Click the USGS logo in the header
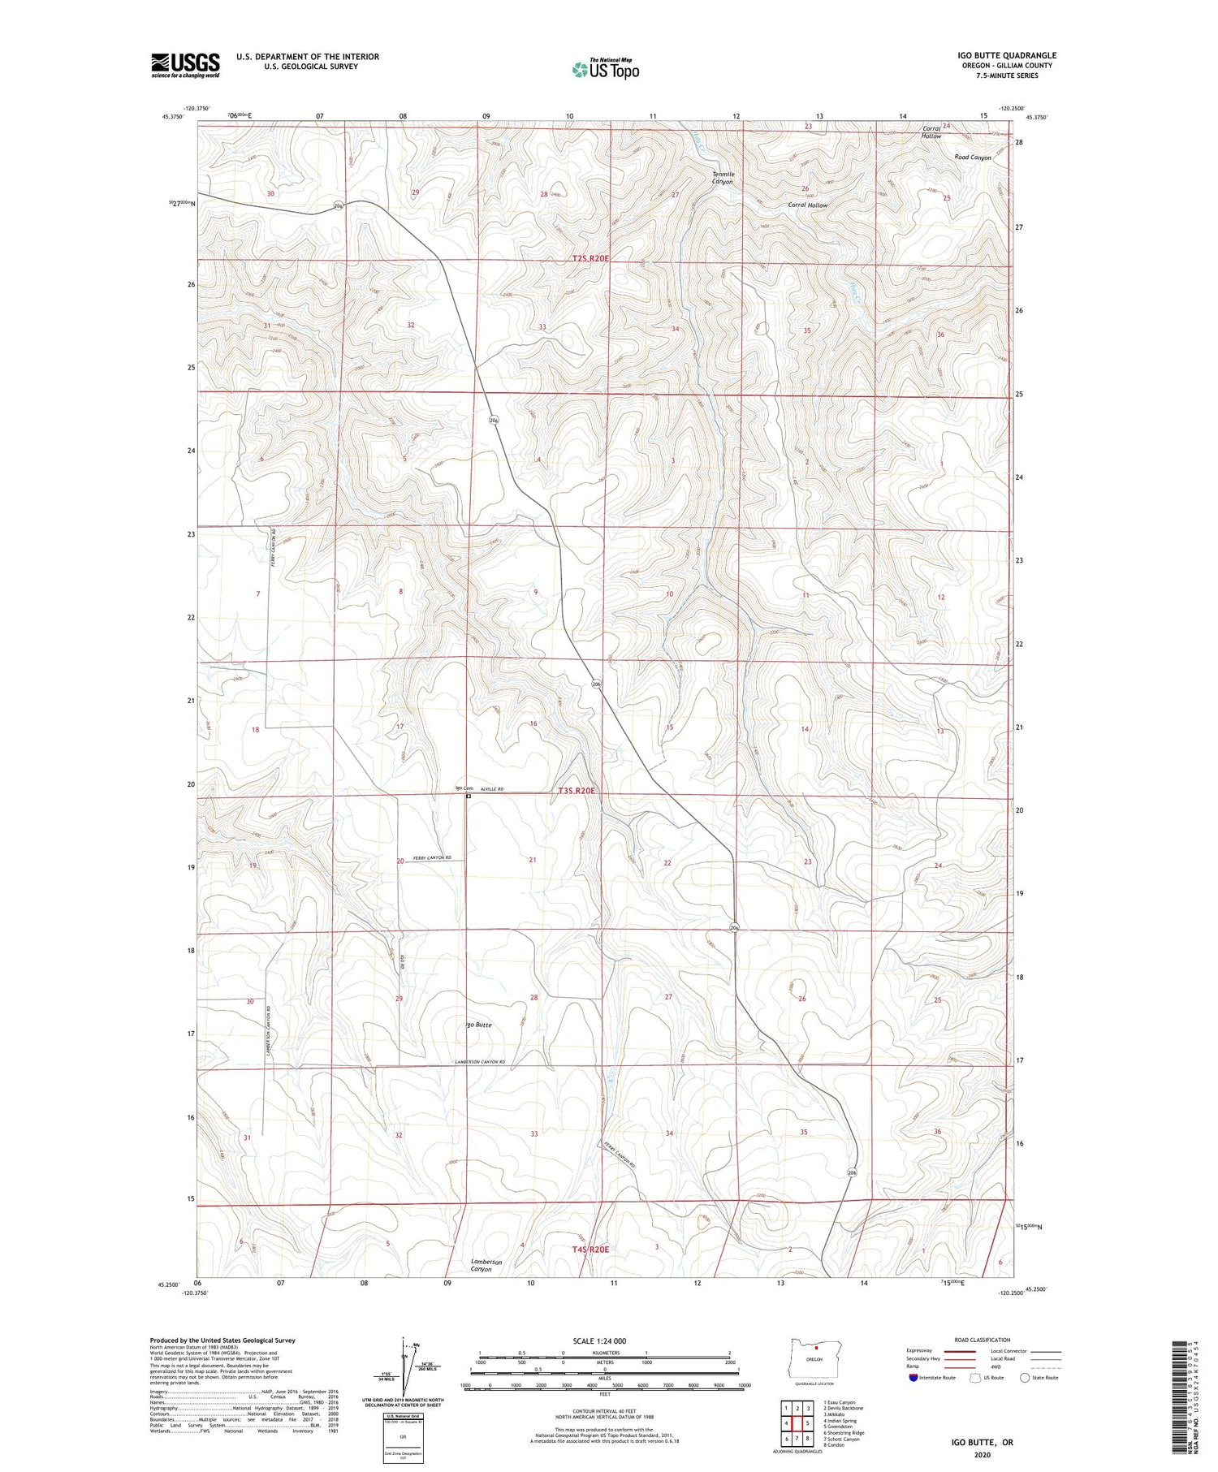tap(185, 65)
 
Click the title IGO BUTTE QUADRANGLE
tap(1006, 55)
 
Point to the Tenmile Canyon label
tap(723, 178)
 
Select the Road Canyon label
tap(972, 158)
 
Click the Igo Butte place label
tap(478, 1025)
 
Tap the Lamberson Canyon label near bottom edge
tap(486, 1265)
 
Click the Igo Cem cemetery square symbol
tap(469, 796)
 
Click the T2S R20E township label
tap(590, 257)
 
